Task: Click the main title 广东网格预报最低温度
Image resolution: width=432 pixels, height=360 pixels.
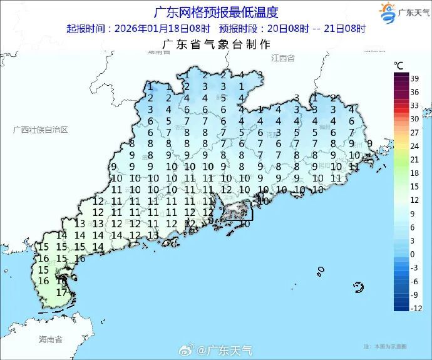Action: [216, 13]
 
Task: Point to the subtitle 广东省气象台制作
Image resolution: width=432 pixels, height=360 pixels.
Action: [216, 44]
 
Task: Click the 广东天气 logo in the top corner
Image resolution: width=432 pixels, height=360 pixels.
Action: [404, 13]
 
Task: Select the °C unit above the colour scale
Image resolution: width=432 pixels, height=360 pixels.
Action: [398, 65]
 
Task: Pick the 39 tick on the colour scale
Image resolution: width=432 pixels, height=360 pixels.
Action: [414, 78]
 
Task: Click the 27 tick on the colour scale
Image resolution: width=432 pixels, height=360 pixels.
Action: [414, 132]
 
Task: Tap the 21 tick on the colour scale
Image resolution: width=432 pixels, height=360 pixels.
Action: [414, 159]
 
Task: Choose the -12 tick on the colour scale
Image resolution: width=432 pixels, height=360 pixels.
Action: [414, 308]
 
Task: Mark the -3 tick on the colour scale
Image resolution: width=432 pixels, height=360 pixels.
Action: [414, 267]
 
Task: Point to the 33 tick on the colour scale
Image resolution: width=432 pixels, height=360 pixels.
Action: [414, 105]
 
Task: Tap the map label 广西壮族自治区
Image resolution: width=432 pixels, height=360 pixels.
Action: [40, 130]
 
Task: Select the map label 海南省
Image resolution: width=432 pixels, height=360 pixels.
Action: [50, 339]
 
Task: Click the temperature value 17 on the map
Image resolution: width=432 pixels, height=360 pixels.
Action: [61, 292]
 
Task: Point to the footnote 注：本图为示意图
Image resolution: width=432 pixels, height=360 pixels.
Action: [384, 346]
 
